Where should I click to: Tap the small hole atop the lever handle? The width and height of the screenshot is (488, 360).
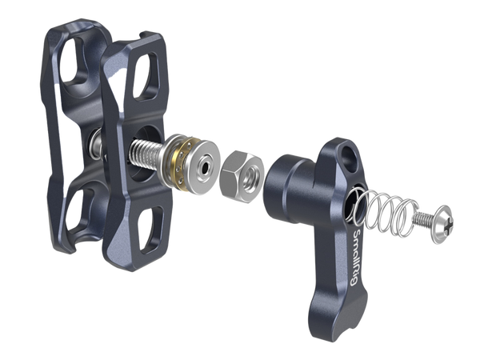click(x=346, y=149)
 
